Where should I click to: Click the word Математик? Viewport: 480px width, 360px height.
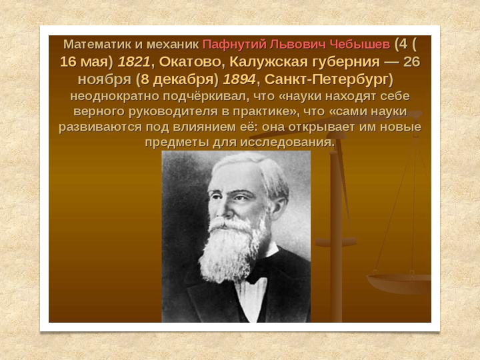(x=97, y=45)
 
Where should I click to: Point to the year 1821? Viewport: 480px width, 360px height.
(x=134, y=62)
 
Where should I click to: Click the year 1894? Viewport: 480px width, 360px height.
(x=239, y=79)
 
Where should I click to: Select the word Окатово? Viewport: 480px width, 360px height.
(x=190, y=62)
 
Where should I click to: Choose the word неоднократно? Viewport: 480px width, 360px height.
(x=115, y=97)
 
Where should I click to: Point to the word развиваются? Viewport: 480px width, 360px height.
(x=101, y=127)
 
